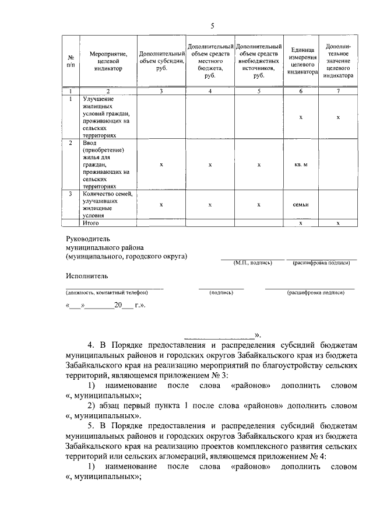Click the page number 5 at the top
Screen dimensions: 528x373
[213, 25]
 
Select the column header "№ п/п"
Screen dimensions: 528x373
[71, 61]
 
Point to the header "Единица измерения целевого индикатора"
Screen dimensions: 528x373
[301, 61]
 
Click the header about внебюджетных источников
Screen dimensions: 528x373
[259, 61]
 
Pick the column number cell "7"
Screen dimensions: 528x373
[338, 91]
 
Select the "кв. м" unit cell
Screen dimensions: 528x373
[301, 164]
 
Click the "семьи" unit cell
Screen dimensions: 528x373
[301, 204]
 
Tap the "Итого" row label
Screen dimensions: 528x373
[91, 223]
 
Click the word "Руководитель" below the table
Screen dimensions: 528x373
[87, 238]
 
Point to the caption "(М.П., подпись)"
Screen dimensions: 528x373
[252, 263]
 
